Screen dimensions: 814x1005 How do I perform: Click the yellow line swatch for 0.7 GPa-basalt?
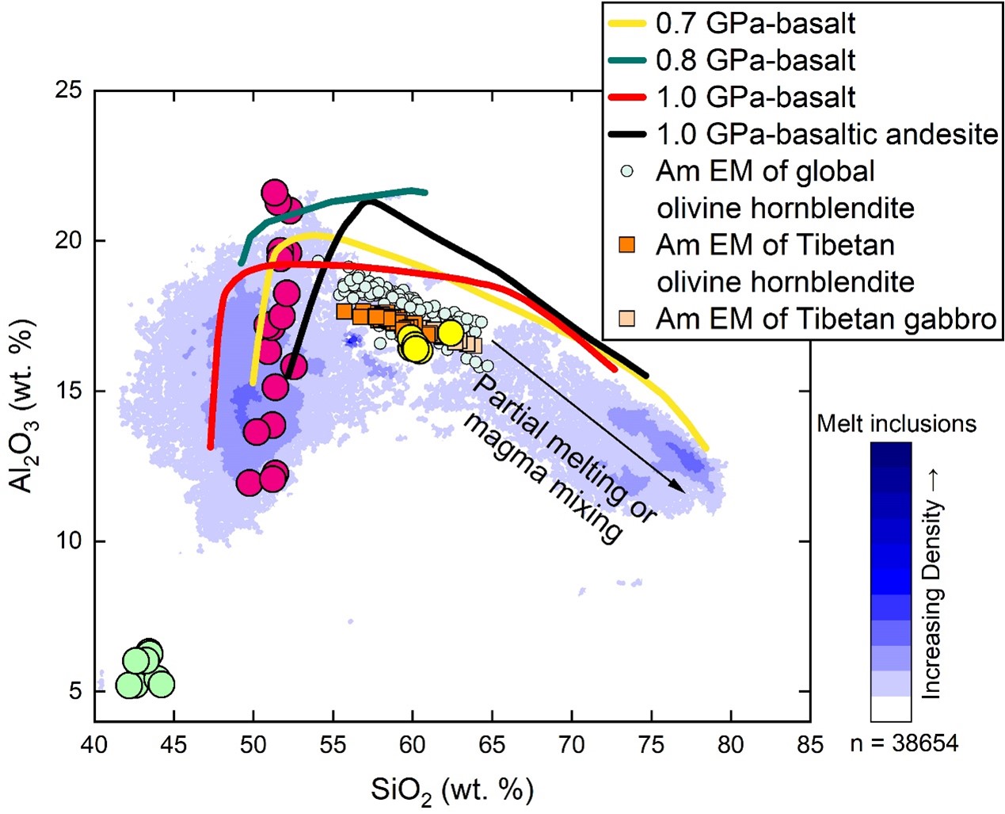click(x=628, y=24)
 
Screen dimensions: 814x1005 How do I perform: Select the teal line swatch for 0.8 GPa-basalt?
click(x=628, y=60)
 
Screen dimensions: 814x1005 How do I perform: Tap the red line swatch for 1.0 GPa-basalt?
click(x=628, y=97)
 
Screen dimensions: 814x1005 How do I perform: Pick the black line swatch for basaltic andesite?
click(x=628, y=134)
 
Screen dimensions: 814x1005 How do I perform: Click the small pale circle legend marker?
click(x=627, y=171)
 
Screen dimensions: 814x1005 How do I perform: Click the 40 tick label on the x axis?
click(x=94, y=745)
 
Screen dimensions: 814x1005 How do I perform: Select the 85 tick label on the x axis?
click(x=809, y=745)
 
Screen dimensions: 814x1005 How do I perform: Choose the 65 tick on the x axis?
click(x=492, y=745)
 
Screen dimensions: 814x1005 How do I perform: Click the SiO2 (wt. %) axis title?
click(x=451, y=790)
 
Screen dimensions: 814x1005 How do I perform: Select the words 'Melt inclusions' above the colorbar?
click(x=897, y=424)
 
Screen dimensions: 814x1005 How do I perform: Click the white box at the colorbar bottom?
click(x=891, y=709)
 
